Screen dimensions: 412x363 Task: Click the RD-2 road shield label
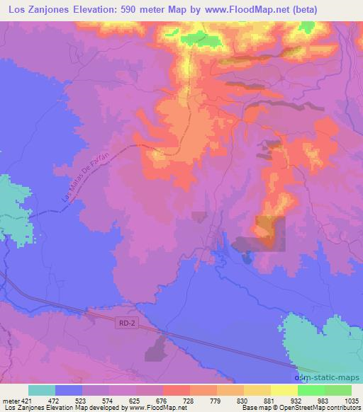(x=125, y=321)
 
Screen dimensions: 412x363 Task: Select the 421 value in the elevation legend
(x=28, y=400)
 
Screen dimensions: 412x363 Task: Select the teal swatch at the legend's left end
(x=41, y=390)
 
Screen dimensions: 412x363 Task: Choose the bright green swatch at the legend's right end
(x=338, y=390)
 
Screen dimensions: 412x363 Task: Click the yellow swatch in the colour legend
(x=284, y=390)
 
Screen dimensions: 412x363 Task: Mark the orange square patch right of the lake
(x=270, y=233)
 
